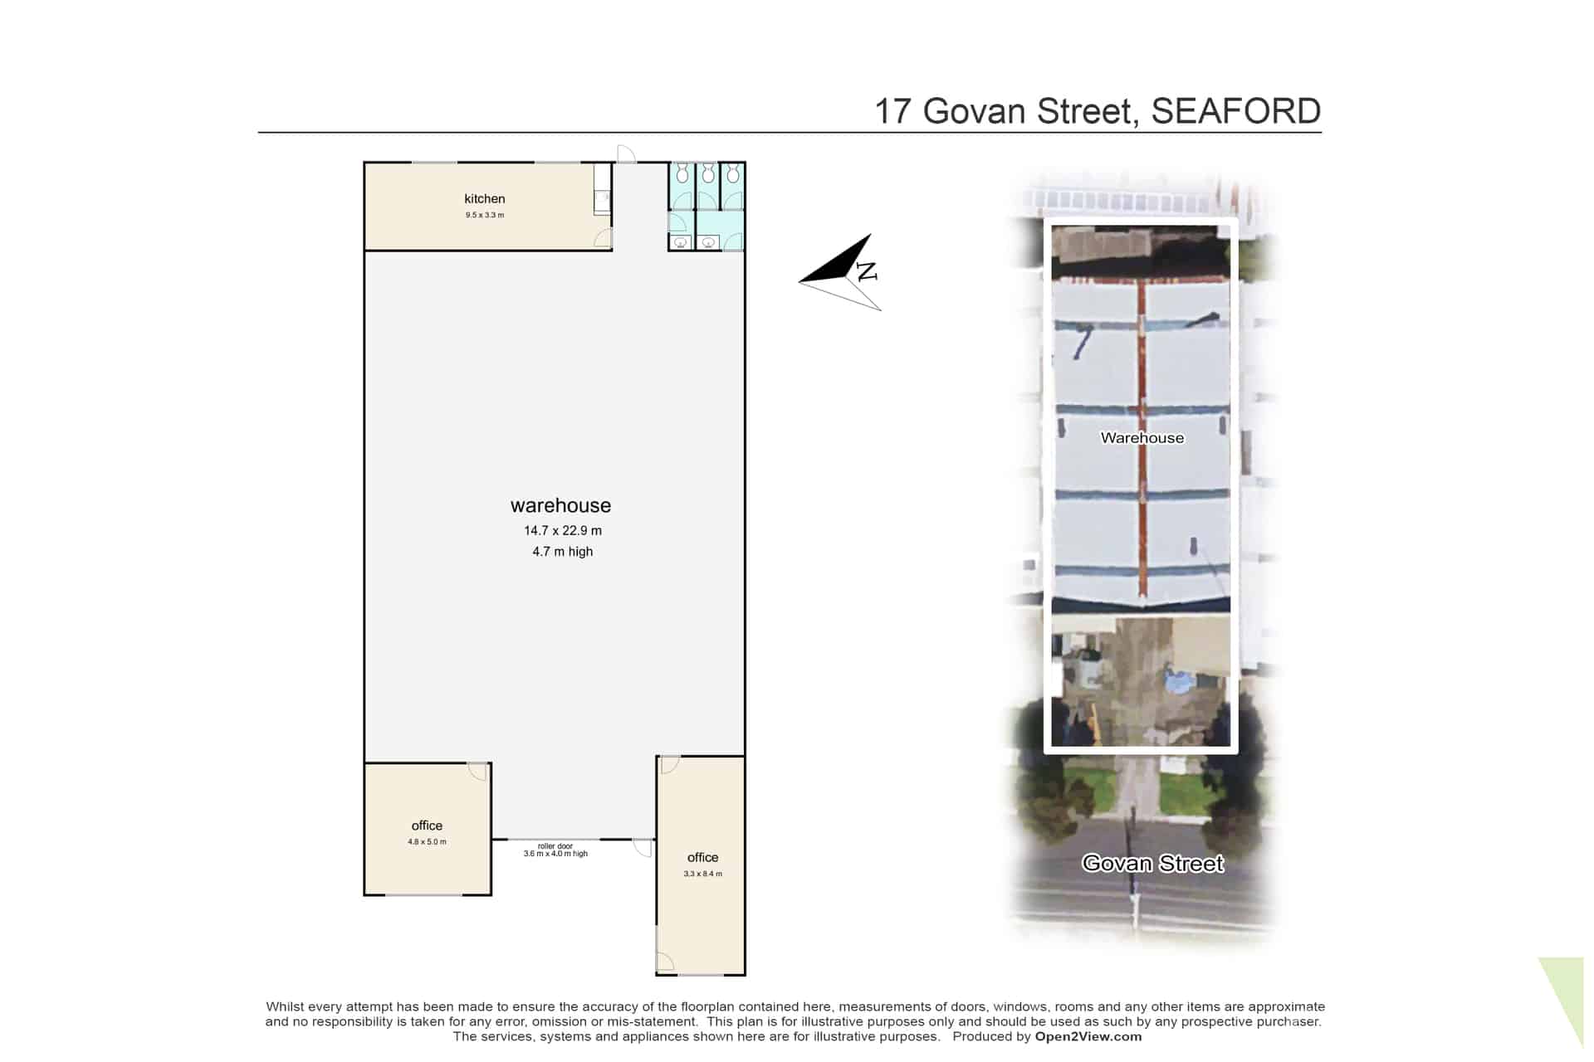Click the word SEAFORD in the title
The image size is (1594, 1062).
click(x=1235, y=111)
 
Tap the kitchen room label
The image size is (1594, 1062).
click(x=485, y=198)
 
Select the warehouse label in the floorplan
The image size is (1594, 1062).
click(x=560, y=505)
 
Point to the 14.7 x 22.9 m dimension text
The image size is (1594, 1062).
click(x=563, y=530)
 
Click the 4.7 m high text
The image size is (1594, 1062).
click(x=563, y=552)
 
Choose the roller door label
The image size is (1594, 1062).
click(x=555, y=846)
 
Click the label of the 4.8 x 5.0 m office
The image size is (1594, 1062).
click(x=427, y=826)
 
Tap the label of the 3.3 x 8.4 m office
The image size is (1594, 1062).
click(x=702, y=857)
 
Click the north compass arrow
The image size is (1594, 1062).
click(x=840, y=272)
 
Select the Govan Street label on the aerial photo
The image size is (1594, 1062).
click(x=1152, y=864)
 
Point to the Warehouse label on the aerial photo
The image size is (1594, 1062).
click(x=1142, y=438)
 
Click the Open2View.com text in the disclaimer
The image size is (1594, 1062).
click(x=1088, y=1036)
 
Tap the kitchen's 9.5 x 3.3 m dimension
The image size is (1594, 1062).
click(x=485, y=215)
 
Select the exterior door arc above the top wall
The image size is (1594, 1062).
click(x=627, y=153)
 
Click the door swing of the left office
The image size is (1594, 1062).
click(x=477, y=772)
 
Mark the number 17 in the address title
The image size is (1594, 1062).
click(x=893, y=112)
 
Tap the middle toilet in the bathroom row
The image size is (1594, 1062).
click(x=707, y=173)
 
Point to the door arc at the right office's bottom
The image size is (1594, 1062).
click(x=665, y=962)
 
